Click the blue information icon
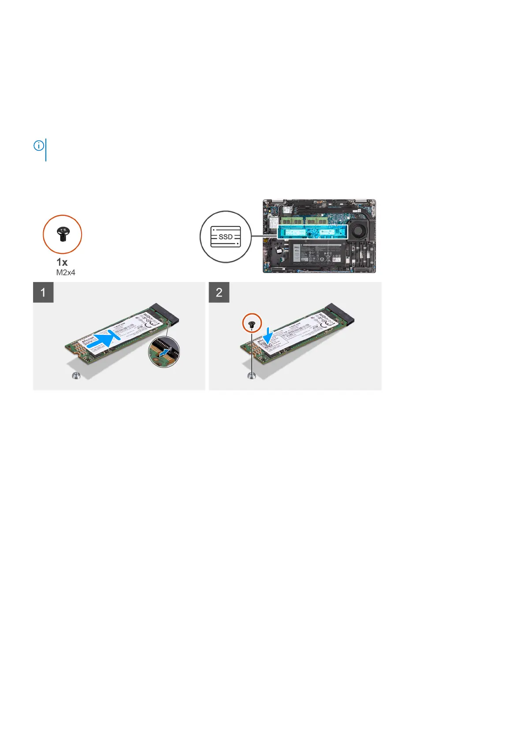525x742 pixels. coord(39,145)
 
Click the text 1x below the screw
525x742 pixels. coord(62,262)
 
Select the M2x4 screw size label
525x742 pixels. coord(66,273)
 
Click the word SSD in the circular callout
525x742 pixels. coord(226,237)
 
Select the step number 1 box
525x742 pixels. coord(43,293)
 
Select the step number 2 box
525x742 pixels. coord(219,293)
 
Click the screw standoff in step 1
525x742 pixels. coord(76,376)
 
